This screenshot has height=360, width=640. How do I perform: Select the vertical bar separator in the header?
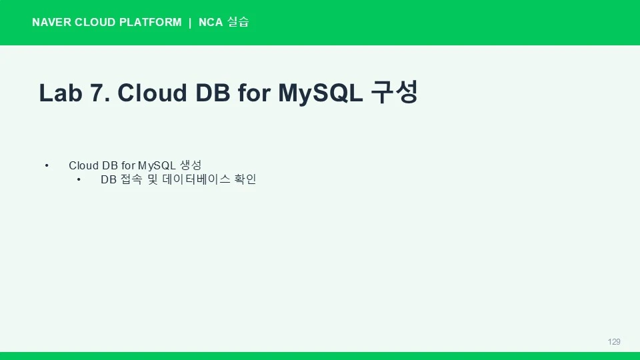click(190, 23)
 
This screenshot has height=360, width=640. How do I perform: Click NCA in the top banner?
click(211, 22)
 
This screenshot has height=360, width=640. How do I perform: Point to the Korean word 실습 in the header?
click(238, 21)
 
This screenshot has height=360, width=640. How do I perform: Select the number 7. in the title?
click(100, 93)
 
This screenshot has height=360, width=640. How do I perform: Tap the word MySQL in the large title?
click(321, 93)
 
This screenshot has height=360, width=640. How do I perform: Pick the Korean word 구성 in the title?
click(395, 92)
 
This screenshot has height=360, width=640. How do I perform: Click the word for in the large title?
click(254, 93)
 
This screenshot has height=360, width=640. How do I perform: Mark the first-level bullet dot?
click(47, 165)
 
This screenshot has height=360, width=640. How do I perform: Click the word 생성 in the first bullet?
click(191, 165)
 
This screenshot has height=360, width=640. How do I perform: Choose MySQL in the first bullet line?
click(157, 166)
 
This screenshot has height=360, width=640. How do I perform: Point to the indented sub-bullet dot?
click(79, 179)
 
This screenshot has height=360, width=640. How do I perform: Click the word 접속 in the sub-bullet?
click(132, 179)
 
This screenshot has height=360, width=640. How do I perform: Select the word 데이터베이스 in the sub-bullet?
click(196, 179)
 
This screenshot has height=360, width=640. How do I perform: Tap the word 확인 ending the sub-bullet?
click(245, 179)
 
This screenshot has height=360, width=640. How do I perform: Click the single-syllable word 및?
click(153, 179)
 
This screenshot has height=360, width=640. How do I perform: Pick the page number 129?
click(614, 341)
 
